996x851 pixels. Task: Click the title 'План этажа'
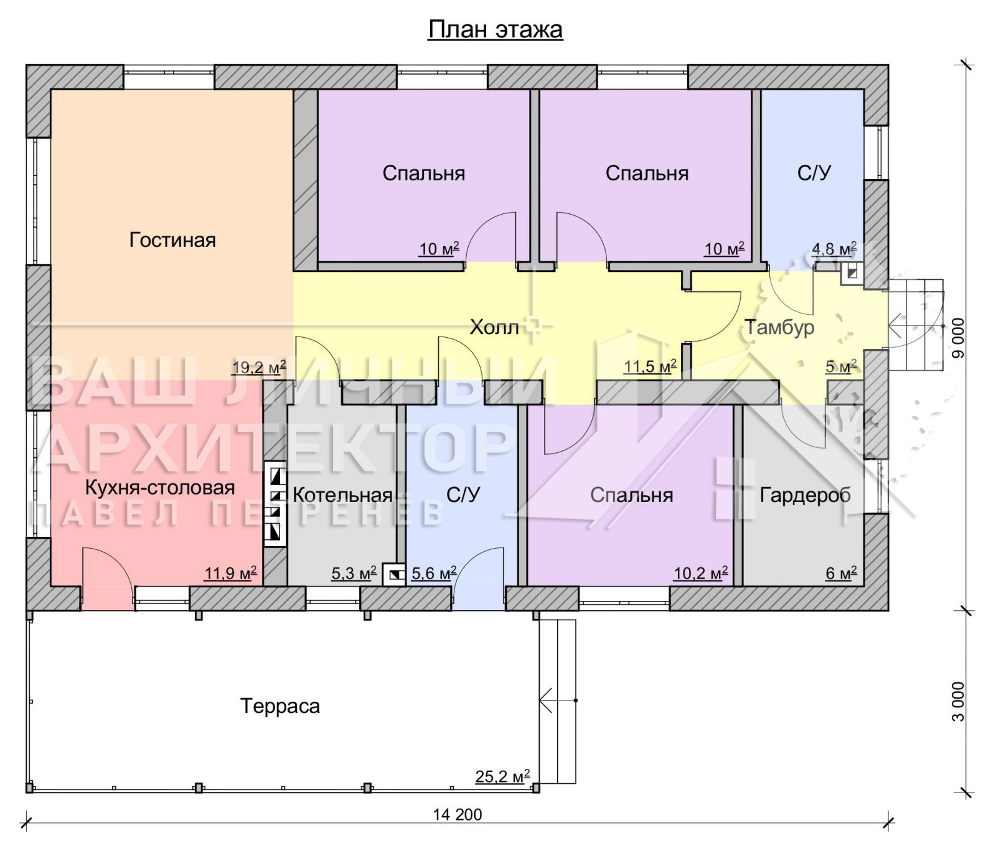pyautogui.click(x=496, y=29)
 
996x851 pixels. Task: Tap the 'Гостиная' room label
pyautogui.click(x=172, y=240)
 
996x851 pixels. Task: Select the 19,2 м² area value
pyautogui.click(x=259, y=367)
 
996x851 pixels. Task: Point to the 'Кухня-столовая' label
pyautogui.click(x=160, y=487)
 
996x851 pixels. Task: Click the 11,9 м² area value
pyautogui.click(x=230, y=572)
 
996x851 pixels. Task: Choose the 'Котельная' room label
pyautogui.click(x=342, y=495)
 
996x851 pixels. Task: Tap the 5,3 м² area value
pyautogui.click(x=354, y=572)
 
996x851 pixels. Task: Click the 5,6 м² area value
pyautogui.click(x=434, y=572)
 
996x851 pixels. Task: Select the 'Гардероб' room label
pyautogui.click(x=806, y=495)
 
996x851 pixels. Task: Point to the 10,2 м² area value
pyautogui.click(x=701, y=572)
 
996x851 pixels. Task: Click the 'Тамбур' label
pyautogui.click(x=780, y=327)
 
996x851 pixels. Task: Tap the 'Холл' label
pyautogui.click(x=494, y=327)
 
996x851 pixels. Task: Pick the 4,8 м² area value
pyautogui.click(x=834, y=249)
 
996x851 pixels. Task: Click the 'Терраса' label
pyautogui.click(x=280, y=706)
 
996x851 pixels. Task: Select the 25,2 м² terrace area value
pyautogui.click(x=503, y=776)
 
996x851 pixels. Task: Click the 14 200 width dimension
pyautogui.click(x=458, y=814)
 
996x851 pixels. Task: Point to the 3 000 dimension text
pyautogui.click(x=958, y=702)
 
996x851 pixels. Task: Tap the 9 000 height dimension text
pyautogui.click(x=958, y=338)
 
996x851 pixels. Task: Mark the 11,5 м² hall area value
pyautogui.click(x=651, y=366)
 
